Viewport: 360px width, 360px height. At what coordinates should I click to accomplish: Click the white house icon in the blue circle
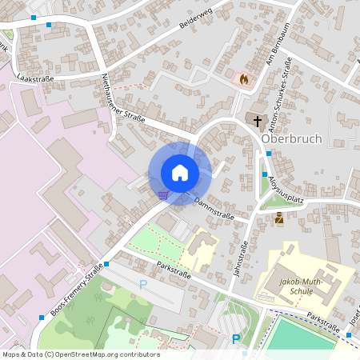point(179,172)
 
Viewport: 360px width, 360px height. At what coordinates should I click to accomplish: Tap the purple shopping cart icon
point(163,194)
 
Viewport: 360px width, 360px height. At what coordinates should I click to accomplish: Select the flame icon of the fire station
point(243,79)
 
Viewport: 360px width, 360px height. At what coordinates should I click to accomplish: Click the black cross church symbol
point(257,122)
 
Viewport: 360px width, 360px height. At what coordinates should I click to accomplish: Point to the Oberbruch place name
point(291,138)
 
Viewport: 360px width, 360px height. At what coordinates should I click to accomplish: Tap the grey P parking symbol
point(143,284)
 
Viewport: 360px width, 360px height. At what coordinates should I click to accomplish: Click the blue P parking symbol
point(236,339)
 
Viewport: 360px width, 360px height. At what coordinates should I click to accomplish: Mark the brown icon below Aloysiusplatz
point(278,218)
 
